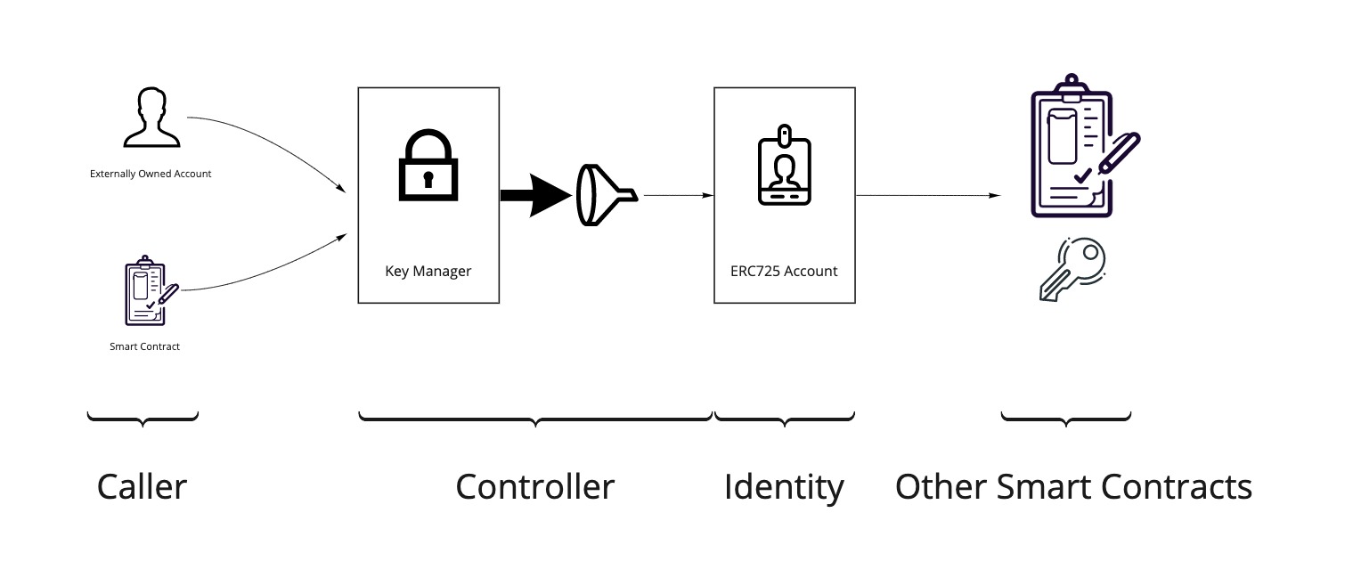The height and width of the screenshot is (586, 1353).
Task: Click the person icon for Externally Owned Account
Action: coord(151,118)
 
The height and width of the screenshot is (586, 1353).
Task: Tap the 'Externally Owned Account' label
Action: coord(151,174)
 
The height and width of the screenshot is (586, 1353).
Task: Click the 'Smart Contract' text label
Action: coord(144,346)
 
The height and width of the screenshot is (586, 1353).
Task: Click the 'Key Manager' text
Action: coord(428,271)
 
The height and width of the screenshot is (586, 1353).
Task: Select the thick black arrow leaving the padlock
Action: coord(534,196)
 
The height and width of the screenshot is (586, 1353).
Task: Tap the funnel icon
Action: coord(605,195)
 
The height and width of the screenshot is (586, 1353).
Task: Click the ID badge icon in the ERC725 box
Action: coord(784,167)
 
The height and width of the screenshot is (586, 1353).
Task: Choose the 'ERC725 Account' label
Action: coord(784,271)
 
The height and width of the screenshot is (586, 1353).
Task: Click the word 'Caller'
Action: coord(142,487)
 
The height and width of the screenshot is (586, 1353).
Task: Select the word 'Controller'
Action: coord(534,487)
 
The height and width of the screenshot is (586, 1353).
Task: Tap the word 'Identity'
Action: coord(784,487)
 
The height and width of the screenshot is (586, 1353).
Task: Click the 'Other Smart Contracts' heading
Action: coord(1073,487)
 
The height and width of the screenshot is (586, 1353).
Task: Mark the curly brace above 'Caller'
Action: coord(143,418)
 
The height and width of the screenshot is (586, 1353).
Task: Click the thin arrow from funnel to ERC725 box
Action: coord(677,195)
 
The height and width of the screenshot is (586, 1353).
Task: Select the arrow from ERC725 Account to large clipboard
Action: coord(926,195)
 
